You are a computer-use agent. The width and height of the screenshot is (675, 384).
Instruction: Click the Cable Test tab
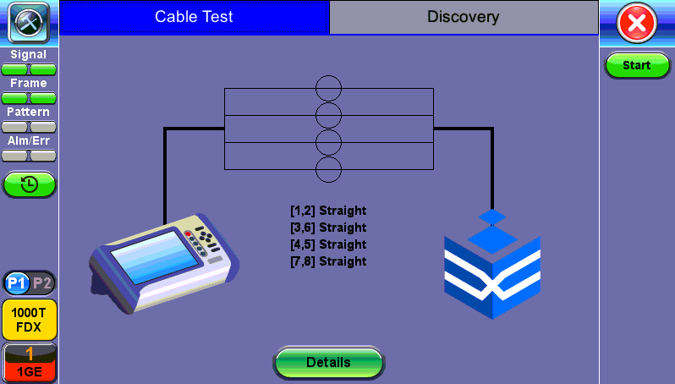[194, 17]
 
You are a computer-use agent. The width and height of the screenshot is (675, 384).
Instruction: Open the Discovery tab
[463, 17]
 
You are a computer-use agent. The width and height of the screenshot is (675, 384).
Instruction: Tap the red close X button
[636, 23]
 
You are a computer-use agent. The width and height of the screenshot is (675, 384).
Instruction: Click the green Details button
[328, 362]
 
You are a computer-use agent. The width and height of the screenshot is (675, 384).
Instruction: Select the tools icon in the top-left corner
[29, 23]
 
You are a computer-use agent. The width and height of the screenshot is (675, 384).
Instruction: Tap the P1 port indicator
[17, 283]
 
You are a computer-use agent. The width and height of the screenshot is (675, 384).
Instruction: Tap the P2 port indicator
[42, 283]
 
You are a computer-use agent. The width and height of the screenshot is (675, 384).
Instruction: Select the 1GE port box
[29, 361]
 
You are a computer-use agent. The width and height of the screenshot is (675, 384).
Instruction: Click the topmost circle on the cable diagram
[328, 88]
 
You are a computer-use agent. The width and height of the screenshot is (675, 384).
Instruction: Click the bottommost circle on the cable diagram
[328, 169]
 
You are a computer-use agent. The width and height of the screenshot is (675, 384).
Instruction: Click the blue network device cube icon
[492, 267]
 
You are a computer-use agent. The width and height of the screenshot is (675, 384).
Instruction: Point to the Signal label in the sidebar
[29, 55]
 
